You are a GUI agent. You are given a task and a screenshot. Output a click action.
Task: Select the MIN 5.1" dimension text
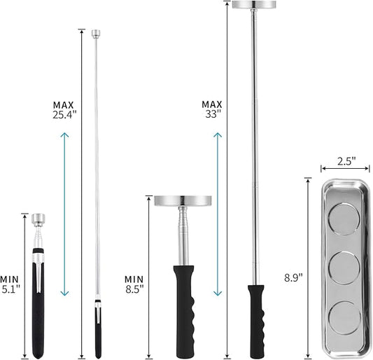[x=10, y=284]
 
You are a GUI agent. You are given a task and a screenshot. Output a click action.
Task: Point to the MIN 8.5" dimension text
[x=134, y=284]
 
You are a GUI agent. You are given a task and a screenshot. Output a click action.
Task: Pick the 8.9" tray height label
[x=293, y=277]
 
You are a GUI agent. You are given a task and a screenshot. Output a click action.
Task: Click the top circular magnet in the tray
[x=344, y=219]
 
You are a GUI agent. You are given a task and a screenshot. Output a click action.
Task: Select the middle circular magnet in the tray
[x=344, y=268]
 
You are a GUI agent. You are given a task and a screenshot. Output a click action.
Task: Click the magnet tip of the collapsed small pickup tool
[x=38, y=220]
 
